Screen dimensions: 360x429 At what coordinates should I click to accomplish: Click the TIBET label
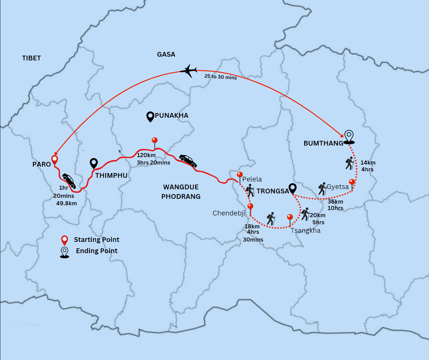click(31, 58)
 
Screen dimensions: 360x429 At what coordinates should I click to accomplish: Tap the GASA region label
click(166, 54)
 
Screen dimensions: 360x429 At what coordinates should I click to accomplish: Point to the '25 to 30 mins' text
click(220, 77)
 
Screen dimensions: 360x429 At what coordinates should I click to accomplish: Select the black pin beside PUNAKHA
click(150, 116)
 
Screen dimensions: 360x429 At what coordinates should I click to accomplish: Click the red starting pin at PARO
click(54, 160)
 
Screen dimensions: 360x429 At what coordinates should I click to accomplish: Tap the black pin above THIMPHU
click(94, 163)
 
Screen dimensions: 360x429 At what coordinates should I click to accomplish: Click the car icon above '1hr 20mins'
click(69, 181)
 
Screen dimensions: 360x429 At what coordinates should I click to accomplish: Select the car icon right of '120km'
click(188, 160)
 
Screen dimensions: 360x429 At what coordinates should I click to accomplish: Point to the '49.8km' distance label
click(67, 203)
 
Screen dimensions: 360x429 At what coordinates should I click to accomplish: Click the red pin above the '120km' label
click(155, 141)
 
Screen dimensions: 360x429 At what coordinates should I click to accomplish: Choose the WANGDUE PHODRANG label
click(181, 192)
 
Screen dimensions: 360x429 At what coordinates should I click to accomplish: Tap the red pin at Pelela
click(240, 176)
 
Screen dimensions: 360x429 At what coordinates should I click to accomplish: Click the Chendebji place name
click(229, 213)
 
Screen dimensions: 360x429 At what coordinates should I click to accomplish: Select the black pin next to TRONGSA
click(292, 188)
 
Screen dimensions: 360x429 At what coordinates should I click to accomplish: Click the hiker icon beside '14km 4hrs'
click(350, 163)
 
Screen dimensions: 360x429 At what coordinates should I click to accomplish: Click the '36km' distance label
click(335, 202)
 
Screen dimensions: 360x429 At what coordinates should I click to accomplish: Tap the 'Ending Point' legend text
click(96, 251)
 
